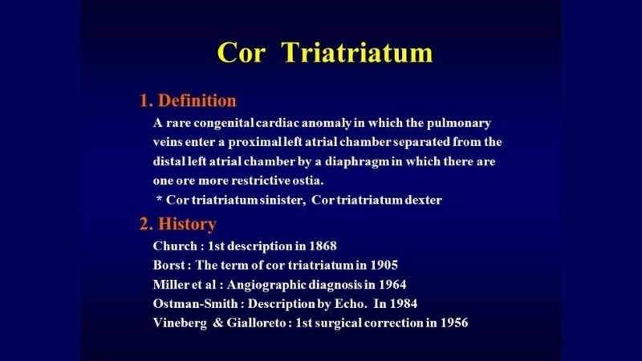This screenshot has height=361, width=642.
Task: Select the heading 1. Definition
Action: click(188, 101)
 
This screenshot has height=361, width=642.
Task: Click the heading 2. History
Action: click(177, 224)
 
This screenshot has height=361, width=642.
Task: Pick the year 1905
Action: click(381, 265)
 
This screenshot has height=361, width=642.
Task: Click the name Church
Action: click(173, 245)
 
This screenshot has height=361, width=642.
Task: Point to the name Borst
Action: click(169, 265)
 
